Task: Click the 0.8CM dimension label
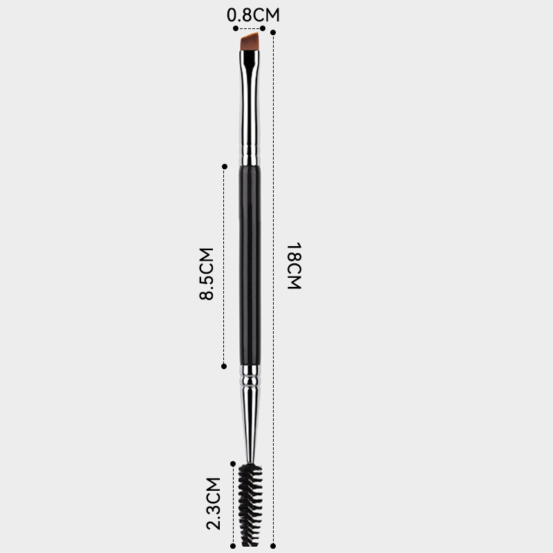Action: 253,15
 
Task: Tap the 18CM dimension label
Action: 294,266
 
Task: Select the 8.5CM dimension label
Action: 206,274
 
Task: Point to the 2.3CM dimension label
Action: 214,503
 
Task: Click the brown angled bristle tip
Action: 250,42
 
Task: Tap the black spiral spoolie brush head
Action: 251,505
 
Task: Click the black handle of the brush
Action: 250,265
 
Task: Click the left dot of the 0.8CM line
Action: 236,28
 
